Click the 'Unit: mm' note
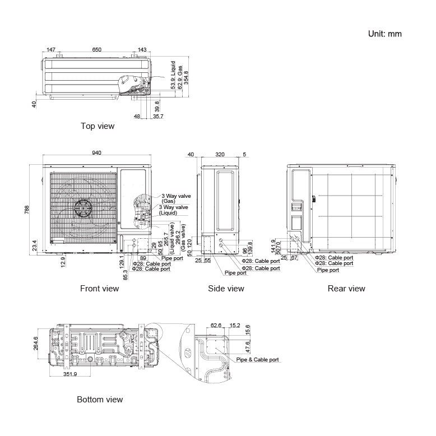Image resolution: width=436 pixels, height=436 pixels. point(384,34)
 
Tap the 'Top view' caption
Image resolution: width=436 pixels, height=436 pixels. point(98,126)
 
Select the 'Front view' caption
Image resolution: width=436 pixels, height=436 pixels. point(99,289)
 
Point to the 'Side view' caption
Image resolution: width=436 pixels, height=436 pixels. point(226,289)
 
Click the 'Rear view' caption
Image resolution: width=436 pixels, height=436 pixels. point(346,289)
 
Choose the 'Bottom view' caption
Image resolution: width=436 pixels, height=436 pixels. point(100,400)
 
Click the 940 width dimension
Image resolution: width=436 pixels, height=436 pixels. point(96,154)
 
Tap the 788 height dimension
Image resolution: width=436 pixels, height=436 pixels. point(27,209)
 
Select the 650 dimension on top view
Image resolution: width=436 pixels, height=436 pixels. point(97,50)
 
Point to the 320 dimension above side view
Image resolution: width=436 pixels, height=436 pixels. point(219,154)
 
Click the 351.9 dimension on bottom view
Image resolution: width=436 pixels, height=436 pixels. point(70,374)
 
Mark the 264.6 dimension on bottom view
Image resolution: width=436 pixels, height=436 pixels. point(36,343)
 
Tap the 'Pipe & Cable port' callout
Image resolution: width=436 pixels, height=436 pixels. point(257,359)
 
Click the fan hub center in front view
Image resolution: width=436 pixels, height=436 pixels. point(84,207)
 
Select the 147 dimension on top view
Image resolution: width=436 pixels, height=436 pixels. point(51,50)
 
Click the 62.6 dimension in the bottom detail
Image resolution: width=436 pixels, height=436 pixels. point(216,324)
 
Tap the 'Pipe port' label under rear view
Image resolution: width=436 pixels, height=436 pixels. point(328,270)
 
